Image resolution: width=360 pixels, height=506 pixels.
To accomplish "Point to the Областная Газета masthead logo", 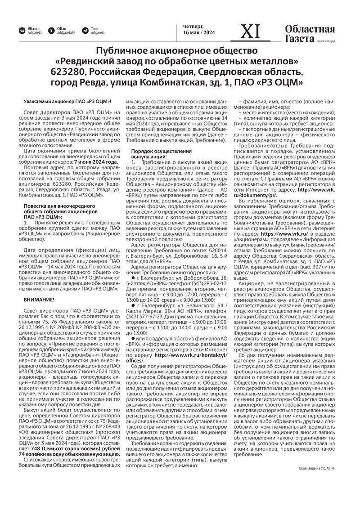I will pos(310,34).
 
